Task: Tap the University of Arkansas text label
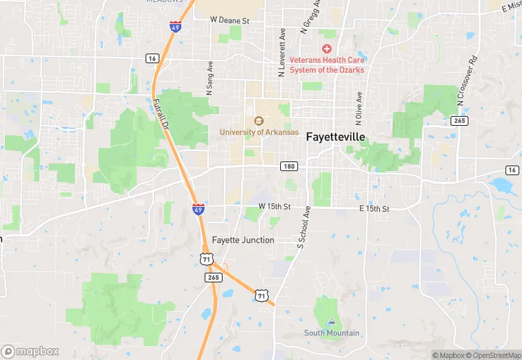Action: (x=260, y=132)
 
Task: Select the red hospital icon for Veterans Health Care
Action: (x=327, y=49)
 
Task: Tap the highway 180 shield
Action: (x=289, y=166)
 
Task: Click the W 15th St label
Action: (x=275, y=206)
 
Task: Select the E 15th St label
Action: (x=374, y=209)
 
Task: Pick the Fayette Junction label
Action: (x=243, y=240)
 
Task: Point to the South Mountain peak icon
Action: (x=332, y=321)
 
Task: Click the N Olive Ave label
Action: (x=358, y=106)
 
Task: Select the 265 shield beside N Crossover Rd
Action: (x=459, y=120)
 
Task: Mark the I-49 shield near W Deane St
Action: (x=176, y=27)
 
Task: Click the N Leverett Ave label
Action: (x=282, y=52)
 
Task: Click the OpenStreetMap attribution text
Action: (x=495, y=355)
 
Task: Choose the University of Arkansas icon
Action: (x=259, y=121)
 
